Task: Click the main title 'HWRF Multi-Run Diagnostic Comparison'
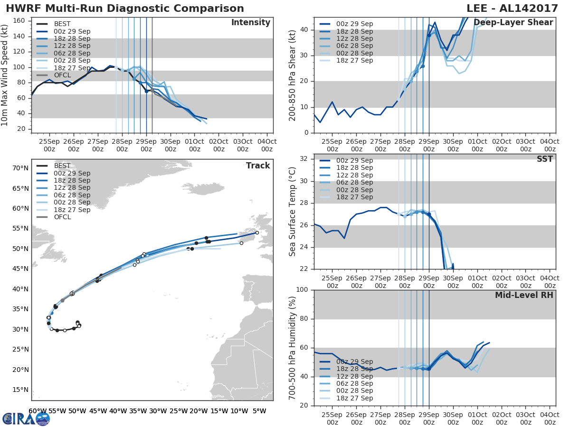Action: [124, 9]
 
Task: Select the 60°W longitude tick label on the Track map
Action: [38, 411]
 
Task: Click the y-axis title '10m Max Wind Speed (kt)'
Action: [5, 75]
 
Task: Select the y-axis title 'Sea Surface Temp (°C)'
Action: [293, 212]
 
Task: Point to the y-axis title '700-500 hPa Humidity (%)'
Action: [293, 348]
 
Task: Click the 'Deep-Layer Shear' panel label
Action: [513, 23]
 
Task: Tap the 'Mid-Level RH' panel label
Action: [524, 295]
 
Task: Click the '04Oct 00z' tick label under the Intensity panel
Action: [267, 145]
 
